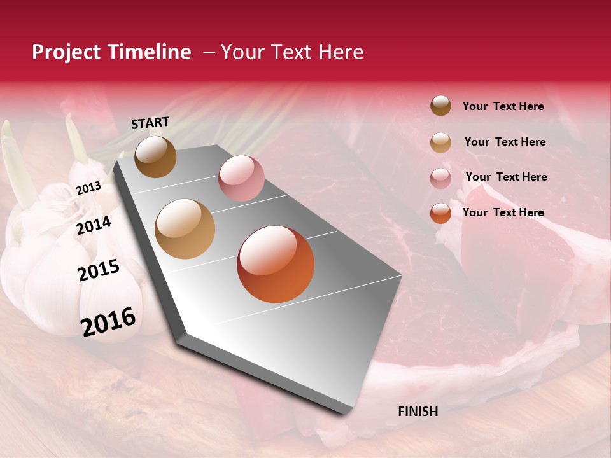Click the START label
[150, 123]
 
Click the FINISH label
[418, 412]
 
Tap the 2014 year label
[94, 225]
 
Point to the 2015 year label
[99, 270]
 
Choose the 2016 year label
[108, 321]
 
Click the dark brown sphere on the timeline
[155, 156]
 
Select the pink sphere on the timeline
[241, 178]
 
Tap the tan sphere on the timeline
[185, 229]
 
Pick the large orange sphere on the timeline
[276, 264]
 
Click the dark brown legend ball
[440, 106]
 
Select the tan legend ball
[440, 142]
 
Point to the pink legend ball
[440, 178]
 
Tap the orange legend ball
[440, 213]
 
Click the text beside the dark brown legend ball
[503, 106]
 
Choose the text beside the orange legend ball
[503, 212]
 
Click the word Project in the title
[66, 52]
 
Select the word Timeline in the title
[149, 52]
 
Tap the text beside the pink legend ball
[506, 177]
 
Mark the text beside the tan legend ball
[505, 142]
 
